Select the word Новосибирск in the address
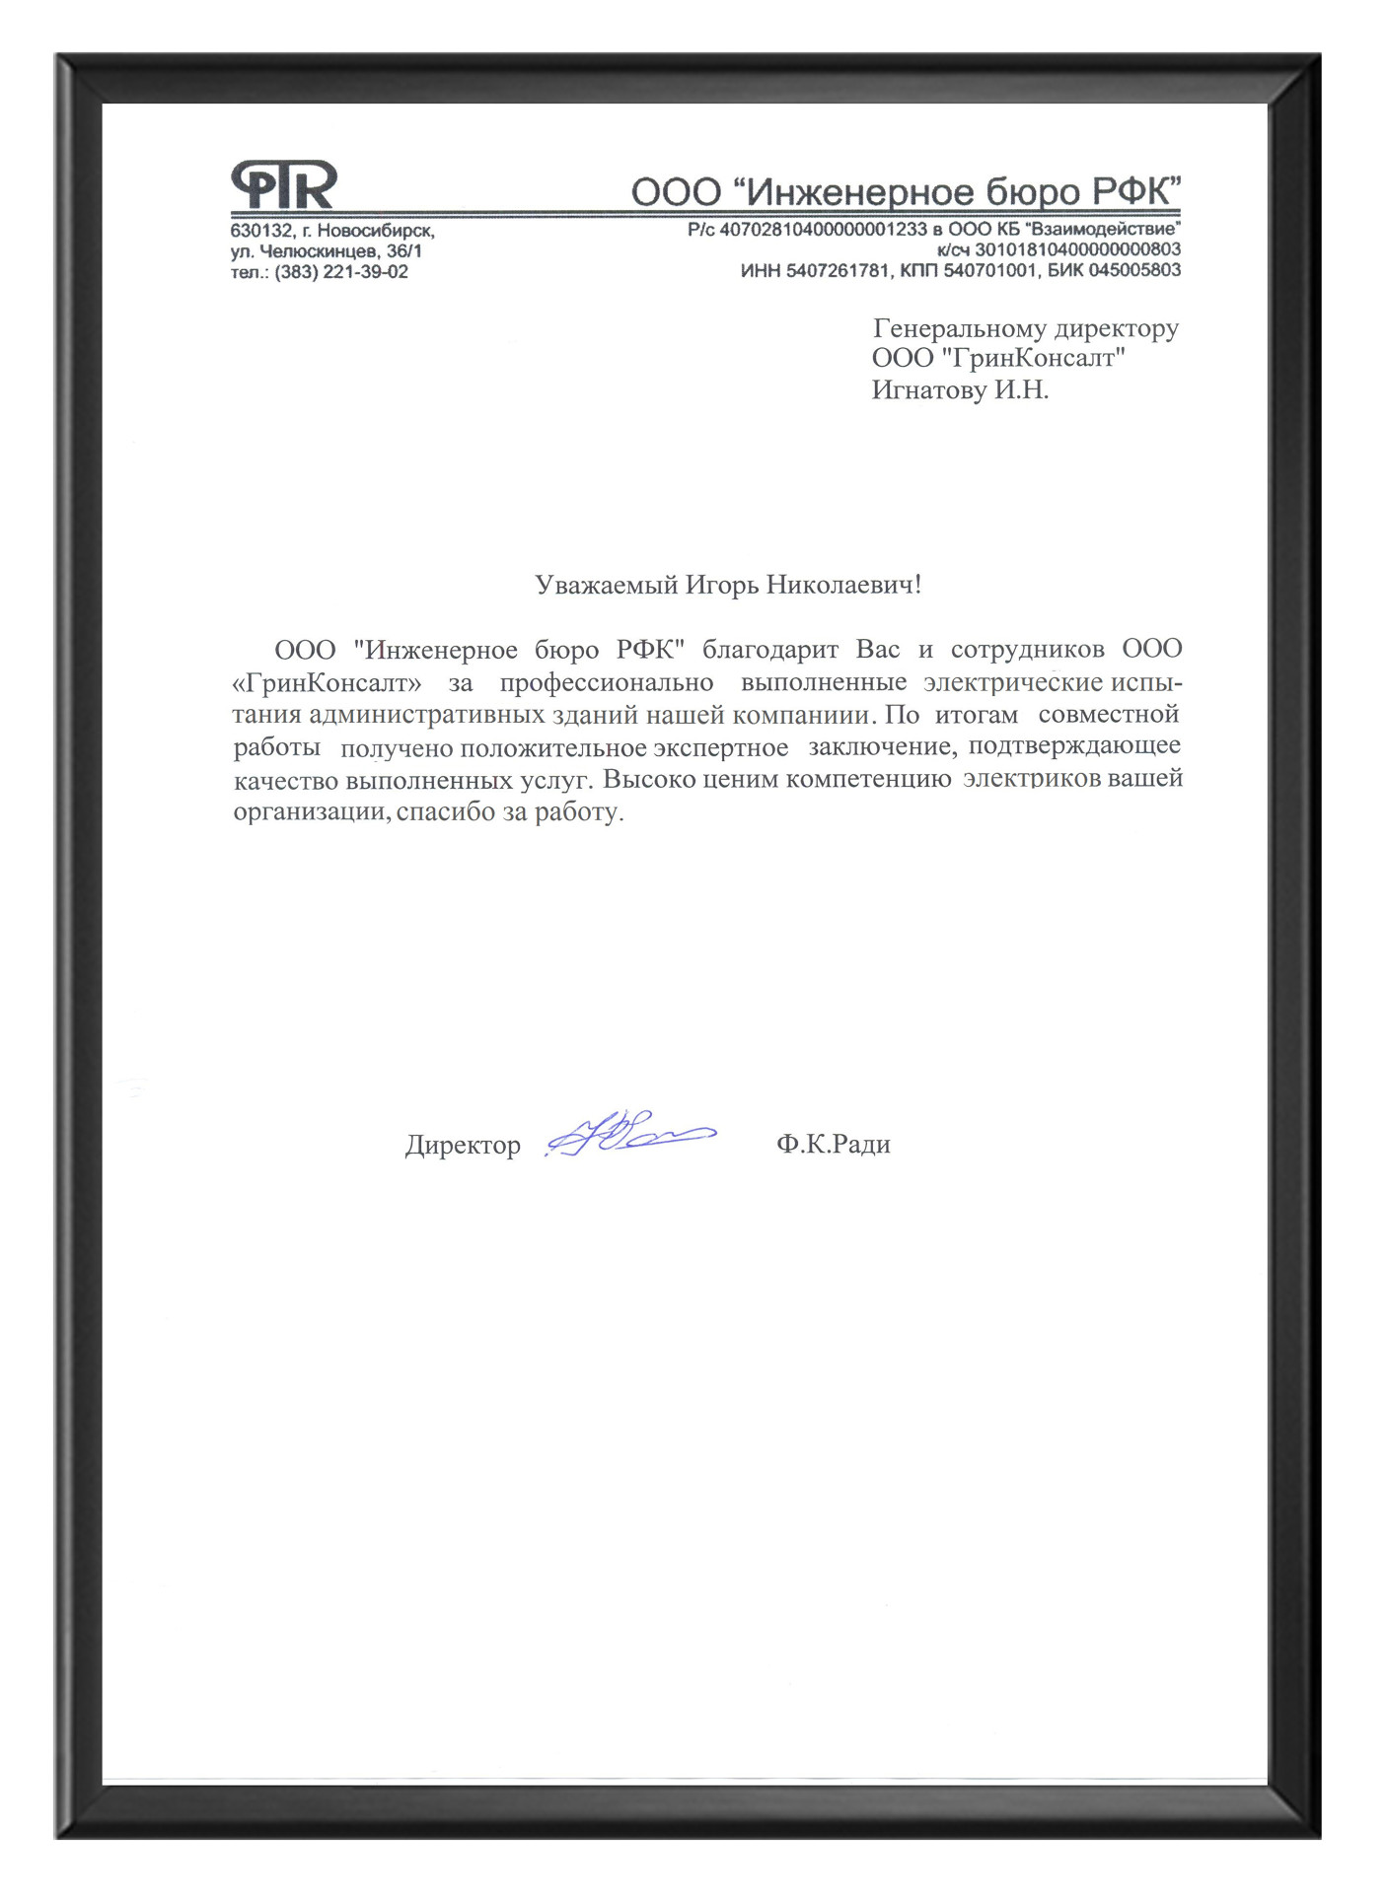click(376, 231)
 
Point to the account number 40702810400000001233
click(823, 230)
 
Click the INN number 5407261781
click(838, 270)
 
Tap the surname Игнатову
click(928, 390)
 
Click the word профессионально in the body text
click(606, 682)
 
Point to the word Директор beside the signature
click(463, 1145)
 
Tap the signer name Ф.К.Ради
click(833, 1144)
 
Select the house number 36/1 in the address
click(404, 251)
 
